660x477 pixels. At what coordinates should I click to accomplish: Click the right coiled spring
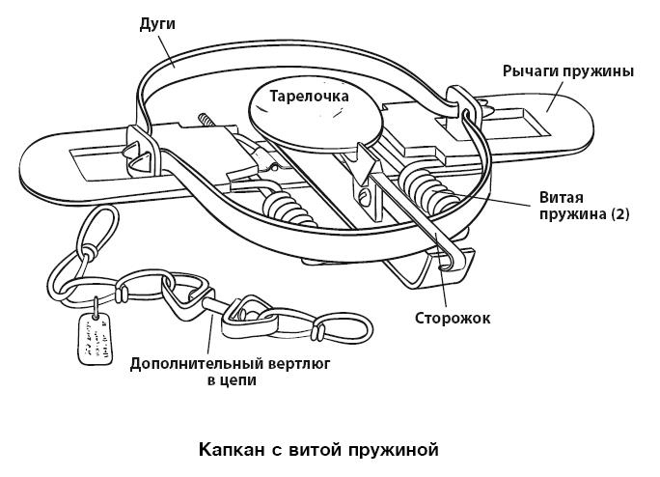pyautogui.click(x=425, y=187)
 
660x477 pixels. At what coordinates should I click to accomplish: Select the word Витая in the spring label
pyautogui.click(x=559, y=197)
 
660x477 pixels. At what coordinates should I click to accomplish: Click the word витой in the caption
pyautogui.click(x=310, y=449)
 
